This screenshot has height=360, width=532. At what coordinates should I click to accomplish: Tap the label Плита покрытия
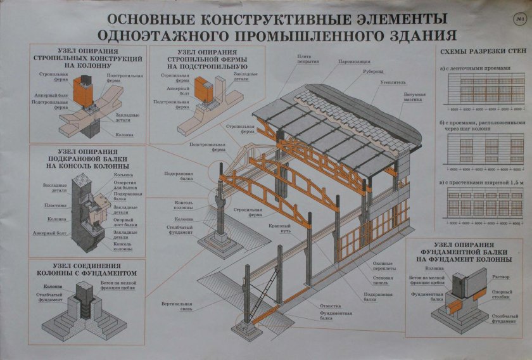point(307,58)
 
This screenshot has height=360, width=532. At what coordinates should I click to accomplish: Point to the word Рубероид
point(372,72)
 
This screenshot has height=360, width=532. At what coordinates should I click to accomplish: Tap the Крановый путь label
point(279,228)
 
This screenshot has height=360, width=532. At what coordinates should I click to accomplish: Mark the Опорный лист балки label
point(127,222)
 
